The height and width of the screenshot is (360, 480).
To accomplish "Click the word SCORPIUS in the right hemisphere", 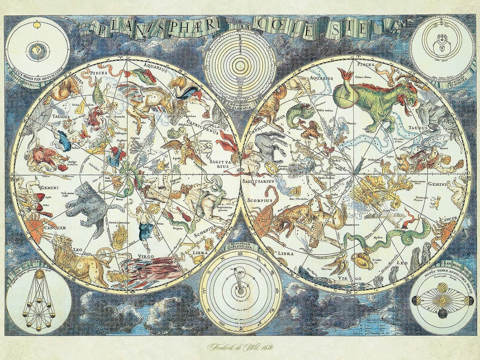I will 260,200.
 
